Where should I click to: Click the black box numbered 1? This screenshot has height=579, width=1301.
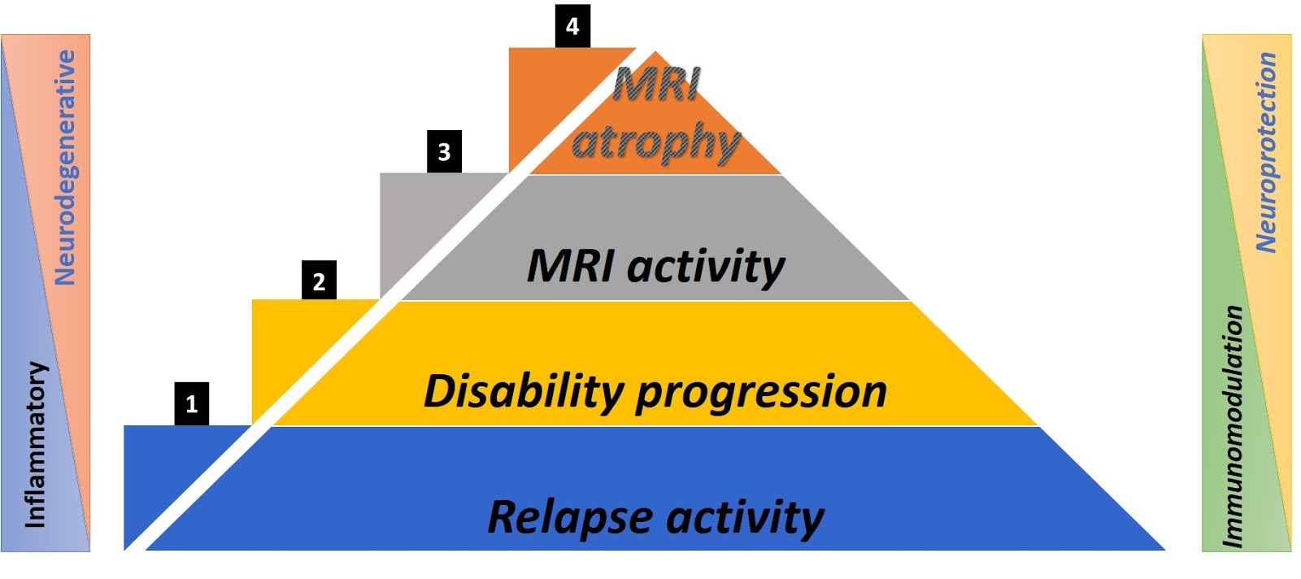point(191,403)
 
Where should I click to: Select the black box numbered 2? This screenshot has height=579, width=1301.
point(319,281)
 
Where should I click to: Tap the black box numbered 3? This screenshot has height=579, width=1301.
point(444,151)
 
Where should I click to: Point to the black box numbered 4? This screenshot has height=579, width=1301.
point(572,26)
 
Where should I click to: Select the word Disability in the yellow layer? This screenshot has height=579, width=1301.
point(523,391)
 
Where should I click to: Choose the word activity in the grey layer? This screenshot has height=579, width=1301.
point(707,267)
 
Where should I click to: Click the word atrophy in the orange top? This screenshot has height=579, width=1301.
point(655,143)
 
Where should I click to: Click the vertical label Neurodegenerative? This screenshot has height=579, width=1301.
point(64,168)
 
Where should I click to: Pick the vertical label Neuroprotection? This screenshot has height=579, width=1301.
point(1265,153)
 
